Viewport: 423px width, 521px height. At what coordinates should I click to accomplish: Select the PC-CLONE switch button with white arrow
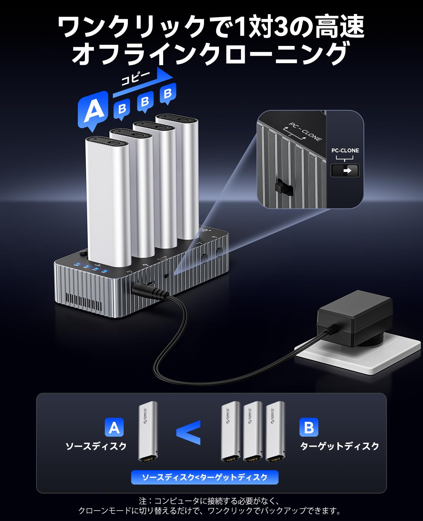pos(345,170)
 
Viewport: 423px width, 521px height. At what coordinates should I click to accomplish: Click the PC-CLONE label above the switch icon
pos(345,150)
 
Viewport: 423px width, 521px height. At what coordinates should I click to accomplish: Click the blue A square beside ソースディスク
pos(114,427)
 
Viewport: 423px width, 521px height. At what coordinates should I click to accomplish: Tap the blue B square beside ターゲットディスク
pos(308,427)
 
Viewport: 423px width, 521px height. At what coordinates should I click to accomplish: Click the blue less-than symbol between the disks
pos(189,432)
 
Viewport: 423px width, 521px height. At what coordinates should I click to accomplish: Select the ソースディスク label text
pos(96,446)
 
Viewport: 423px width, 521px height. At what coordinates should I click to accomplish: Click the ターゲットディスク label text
pos(339,446)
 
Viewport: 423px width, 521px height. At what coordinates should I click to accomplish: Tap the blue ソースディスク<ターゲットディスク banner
pos(205,477)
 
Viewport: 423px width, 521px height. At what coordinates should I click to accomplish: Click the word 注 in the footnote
pos(143,500)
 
